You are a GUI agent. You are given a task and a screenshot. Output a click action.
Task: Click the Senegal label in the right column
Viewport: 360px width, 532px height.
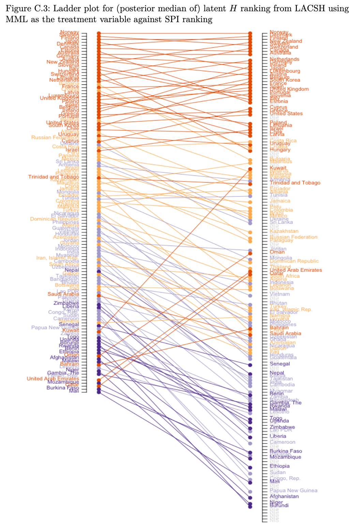coord(280,364)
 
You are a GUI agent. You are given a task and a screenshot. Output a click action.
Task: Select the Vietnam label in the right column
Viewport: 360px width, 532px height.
coord(280,294)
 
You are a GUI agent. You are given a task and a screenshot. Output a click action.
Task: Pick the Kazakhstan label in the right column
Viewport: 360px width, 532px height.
coord(284,231)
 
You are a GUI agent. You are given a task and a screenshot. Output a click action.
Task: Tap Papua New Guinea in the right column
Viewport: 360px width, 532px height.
coord(293,490)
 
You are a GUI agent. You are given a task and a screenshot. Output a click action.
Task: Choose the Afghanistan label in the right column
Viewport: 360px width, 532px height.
coord(284,496)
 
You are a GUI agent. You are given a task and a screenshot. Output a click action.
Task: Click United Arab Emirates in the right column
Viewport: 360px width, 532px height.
coord(296,270)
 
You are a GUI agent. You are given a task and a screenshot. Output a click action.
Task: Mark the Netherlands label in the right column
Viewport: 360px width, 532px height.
coord(284,59)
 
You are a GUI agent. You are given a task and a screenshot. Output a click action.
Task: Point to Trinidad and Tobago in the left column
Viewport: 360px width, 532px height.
coord(54,177)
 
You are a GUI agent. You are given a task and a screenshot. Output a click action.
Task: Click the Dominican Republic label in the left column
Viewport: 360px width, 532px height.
coord(55,219)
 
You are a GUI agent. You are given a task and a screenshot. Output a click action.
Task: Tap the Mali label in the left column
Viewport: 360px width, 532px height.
coord(74,391)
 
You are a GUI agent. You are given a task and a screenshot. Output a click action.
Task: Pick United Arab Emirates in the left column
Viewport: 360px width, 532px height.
coord(53,379)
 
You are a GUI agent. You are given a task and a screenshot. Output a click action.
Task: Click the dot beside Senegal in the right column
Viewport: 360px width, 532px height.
coord(250,365)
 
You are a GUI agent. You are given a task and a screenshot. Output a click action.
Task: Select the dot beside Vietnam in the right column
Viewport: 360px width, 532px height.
coord(250,296)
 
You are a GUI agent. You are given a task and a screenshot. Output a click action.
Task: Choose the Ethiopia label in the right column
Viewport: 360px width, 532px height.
coord(280,466)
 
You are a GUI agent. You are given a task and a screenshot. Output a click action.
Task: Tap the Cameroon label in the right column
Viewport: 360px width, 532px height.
coord(282,442)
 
